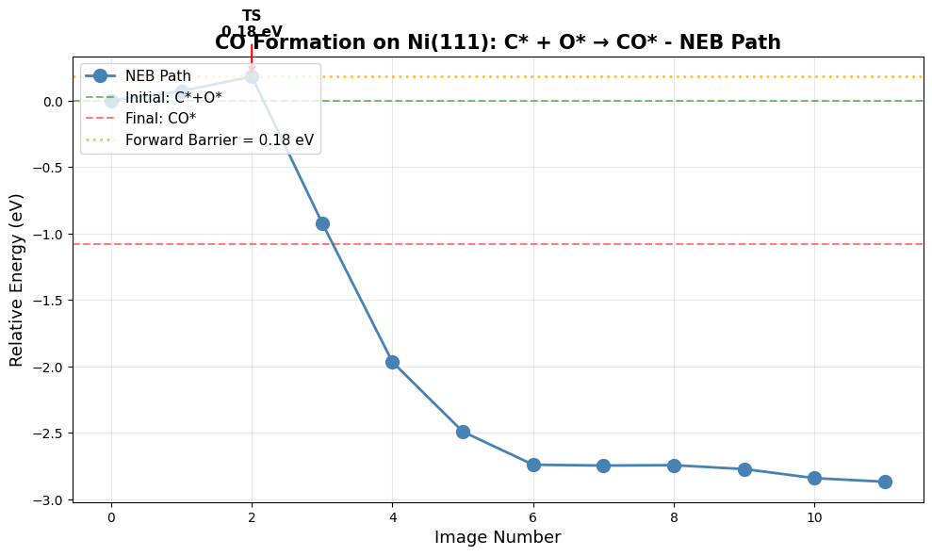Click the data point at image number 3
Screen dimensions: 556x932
pyautogui.click(x=322, y=223)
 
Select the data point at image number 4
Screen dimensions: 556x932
pyautogui.click(x=392, y=362)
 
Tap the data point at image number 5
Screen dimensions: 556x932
pyautogui.click(x=463, y=432)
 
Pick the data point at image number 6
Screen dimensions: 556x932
pyautogui.click(x=533, y=465)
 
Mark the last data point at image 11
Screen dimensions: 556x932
pyautogui.click(x=885, y=482)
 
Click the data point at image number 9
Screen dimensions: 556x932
pyautogui.click(x=744, y=469)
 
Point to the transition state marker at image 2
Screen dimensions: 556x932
pyautogui.click(x=252, y=76)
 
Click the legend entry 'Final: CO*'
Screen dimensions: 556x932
pyautogui.click(x=160, y=119)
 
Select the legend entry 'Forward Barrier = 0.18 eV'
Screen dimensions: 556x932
pyautogui.click(x=219, y=140)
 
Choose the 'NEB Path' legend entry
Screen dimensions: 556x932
pyautogui.click(x=157, y=75)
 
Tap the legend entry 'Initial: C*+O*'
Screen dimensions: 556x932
pyautogui.click(x=173, y=97)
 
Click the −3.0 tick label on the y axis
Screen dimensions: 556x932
pyautogui.click(x=50, y=500)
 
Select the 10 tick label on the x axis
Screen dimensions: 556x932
pyautogui.click(x=814, y=517)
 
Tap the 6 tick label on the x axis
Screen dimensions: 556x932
pyautogui.click(x=533, y=517)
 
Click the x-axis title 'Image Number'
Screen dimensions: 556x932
pyautogui.click(x=498, y=537)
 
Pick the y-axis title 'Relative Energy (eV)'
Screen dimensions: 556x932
pyautogui.click(x=16, y=280)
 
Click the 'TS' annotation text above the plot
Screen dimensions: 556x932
pyautogui.click(x=252, y=16)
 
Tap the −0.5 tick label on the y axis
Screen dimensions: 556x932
pyautogui.click(x=50, y=168)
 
